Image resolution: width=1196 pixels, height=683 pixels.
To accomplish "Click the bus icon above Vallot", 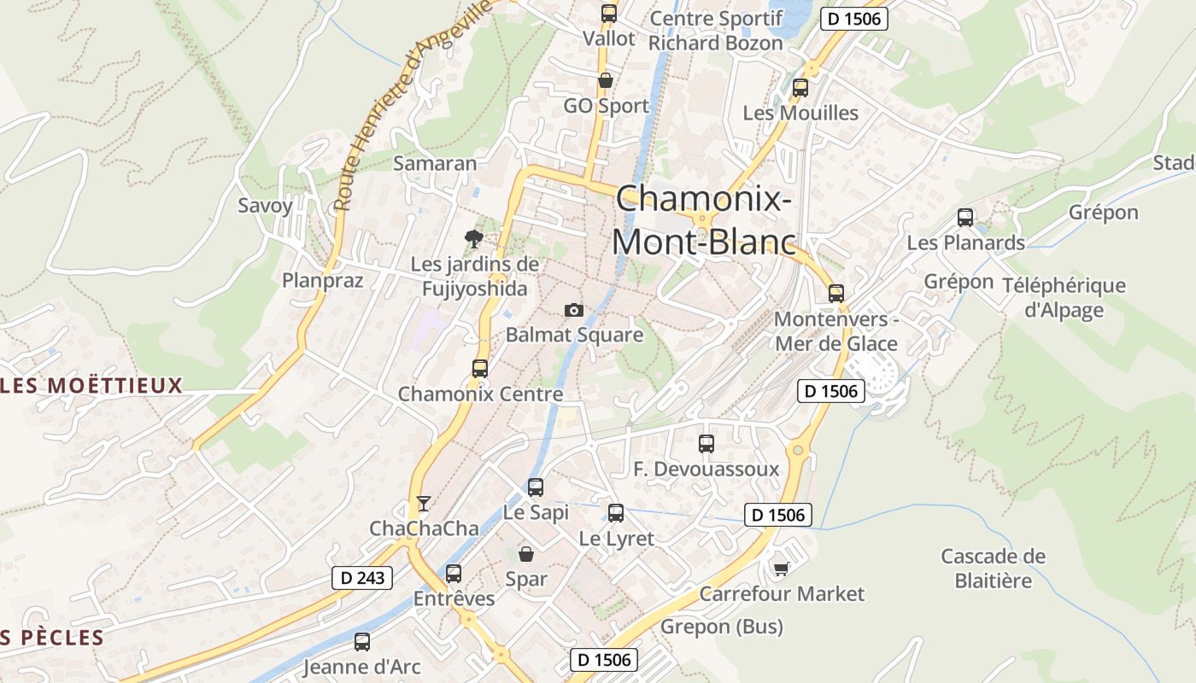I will [608, 13].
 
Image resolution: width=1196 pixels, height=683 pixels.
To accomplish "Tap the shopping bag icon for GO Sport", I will [606, 81].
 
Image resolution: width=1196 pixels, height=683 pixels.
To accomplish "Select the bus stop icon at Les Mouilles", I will [800, 87].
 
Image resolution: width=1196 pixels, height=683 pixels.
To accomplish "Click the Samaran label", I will [435, 162].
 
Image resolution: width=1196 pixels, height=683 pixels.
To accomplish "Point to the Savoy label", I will [265, 205].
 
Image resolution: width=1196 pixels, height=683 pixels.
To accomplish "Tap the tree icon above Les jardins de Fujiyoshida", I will [472, 238].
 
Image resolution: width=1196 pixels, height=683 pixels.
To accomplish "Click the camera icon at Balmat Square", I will [574, 310].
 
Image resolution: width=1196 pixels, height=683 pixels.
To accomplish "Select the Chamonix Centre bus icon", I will [480, 369].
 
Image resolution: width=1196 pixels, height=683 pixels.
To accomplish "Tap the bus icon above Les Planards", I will [965, 218].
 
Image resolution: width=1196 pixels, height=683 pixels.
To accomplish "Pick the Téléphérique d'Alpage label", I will [1064, 297].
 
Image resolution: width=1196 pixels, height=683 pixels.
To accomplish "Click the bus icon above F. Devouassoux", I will [706, 444].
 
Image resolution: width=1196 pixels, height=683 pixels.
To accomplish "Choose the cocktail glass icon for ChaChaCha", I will [423, 503].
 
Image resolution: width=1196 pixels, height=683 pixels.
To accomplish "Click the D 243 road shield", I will [361, 578].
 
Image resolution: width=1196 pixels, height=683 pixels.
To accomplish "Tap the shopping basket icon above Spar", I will [526, 553].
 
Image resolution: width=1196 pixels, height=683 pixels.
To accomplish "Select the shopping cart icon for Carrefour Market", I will [780, 569].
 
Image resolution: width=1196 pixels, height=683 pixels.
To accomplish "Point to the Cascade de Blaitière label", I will [994, 569].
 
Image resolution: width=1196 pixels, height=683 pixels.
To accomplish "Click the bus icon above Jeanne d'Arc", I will [362, 642].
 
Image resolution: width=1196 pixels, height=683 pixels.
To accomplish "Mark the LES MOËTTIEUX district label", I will [92, 385].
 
